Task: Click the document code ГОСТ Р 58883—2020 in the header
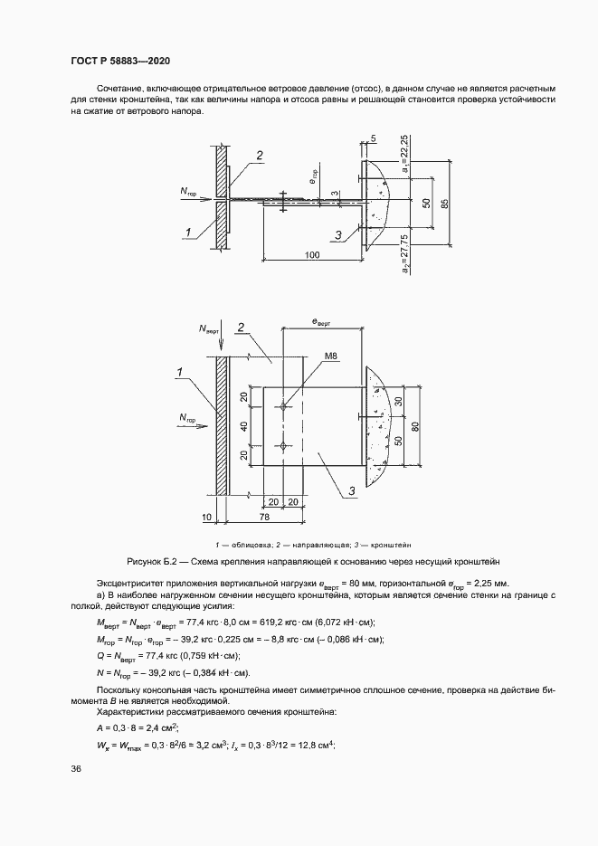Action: pyautogui.click(x=119, y=61)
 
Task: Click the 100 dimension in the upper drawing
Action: pyautogui.click(x=313, y=255)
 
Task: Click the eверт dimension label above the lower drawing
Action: pyautogui.click(x=321, y=322)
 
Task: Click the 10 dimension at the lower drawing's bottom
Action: pyautogui.click(x=208, y=516)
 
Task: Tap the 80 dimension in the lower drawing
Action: pyautogui.click(x=415, y=427)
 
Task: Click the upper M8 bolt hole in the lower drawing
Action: pyautogui.click(x=284, y=407)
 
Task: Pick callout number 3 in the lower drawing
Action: pyautogui.click(x=350, y=490)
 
